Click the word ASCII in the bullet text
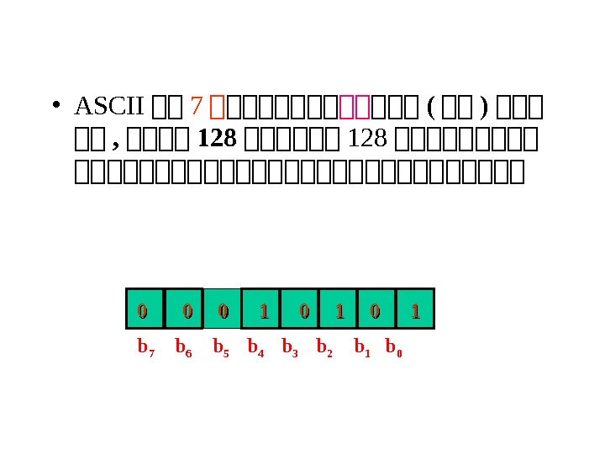click(110, 108)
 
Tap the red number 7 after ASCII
click(197, 108)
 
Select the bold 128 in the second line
click(216, 137)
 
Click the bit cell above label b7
click(143, 312)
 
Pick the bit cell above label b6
click(184, 312)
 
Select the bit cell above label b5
click(223, 312)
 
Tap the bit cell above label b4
click(260, 312)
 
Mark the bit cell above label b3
click(300, 312)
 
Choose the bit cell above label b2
click(338, 312)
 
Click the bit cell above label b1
click(376, 312)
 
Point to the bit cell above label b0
click(414, 312)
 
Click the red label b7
click(145, 347)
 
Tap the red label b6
click(183, 347)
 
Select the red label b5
click(221, 347)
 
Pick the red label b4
click(255, 347)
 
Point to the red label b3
click(290, 347)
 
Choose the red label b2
click(324, 347)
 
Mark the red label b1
click(362, 347)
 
